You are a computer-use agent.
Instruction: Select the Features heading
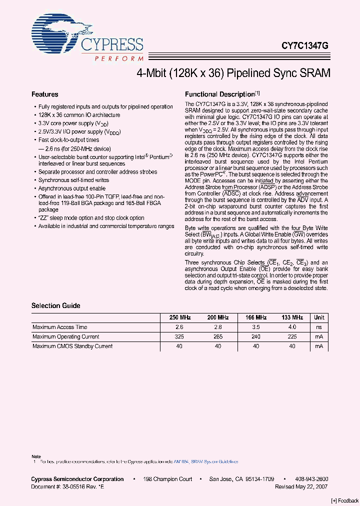click(45, 94)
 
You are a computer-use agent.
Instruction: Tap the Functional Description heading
click(220, 94)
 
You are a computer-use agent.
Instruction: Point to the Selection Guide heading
click(56, 305)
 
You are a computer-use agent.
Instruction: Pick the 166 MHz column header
click(255, 317)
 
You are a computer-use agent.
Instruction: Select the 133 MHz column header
click(292, 317)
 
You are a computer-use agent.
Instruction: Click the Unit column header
click(319, 317)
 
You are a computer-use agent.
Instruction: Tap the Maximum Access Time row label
click(60, 327)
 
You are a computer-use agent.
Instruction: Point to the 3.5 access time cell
click(255, 327)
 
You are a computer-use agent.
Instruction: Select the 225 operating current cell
click(292, 336)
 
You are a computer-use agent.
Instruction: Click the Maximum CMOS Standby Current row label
click(72, 346)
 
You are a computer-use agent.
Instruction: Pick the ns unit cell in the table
click(319, 327)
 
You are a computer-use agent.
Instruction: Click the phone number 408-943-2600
click(310, 479)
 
